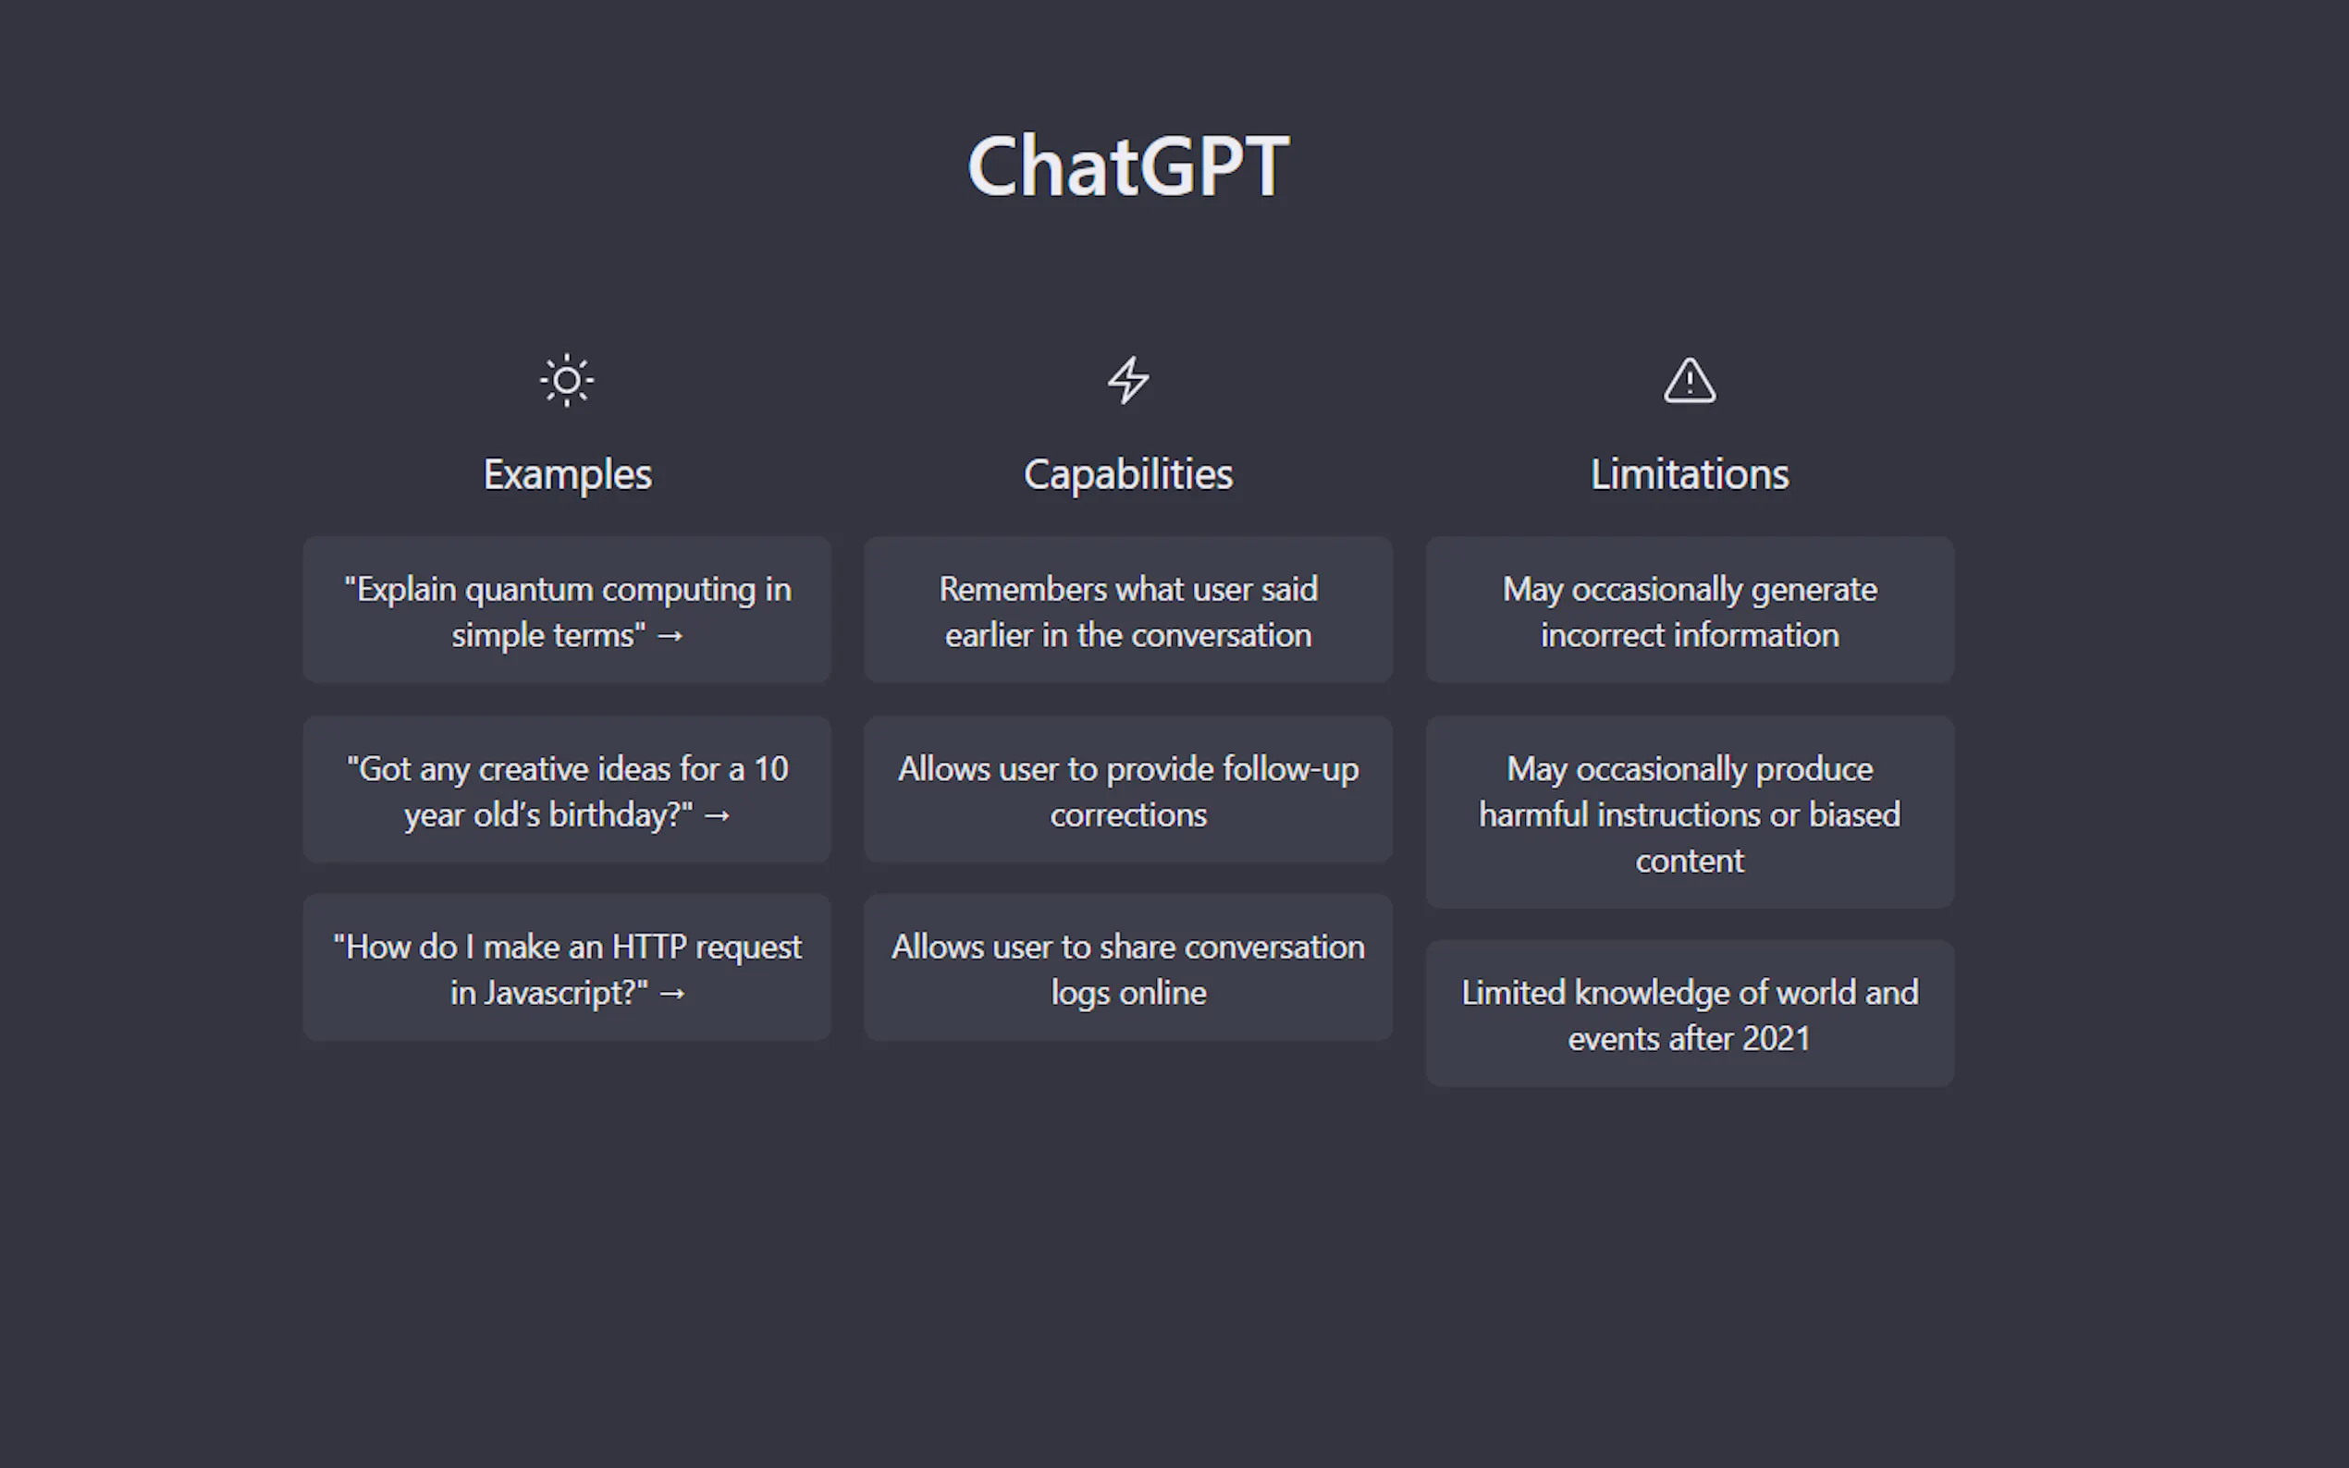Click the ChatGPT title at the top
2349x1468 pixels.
pos(1127,166)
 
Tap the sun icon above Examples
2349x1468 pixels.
pos(567,380)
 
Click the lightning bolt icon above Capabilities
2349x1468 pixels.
pos(1128,380)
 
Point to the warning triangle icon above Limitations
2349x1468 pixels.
pos(1690,380)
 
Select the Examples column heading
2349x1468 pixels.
pos(567,475)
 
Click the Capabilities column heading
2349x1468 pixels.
pos(1128,475)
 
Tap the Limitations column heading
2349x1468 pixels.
pos(1690,475)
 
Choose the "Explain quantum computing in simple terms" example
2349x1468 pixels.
pos(567,611)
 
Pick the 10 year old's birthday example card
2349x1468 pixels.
pos(567,789)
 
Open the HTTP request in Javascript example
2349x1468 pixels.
pos(567,968)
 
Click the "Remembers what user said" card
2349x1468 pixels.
pos(1128,611)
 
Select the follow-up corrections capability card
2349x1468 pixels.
pos(1128,789)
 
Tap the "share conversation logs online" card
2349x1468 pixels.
pos(1128,968)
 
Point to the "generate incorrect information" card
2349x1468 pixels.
pos(1690,611)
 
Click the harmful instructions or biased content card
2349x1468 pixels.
pos(1690,813)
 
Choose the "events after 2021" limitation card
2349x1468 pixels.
pos(1690,1013)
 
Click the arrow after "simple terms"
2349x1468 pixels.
pos(670,637)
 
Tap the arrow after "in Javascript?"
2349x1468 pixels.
pos(672,994)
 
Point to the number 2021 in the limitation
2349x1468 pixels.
pos(1776,1039)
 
